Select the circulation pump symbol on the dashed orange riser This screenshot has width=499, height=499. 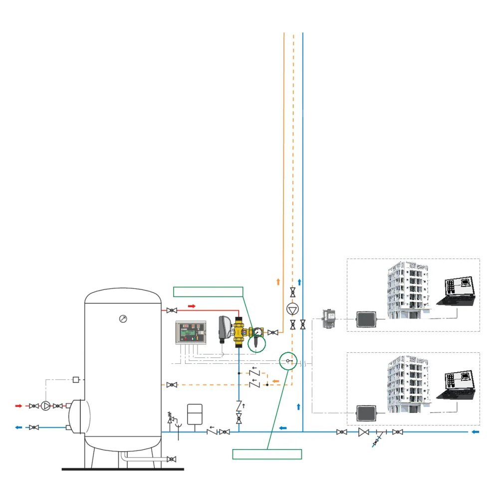coord(292,309)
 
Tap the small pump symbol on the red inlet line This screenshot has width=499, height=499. coord(46,406)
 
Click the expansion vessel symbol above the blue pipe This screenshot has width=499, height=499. coord(193,413)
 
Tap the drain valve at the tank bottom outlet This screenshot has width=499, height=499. coord(172,459)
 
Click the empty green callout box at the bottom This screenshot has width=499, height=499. coord(267,454)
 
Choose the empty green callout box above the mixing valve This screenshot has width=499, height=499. coord(208,292)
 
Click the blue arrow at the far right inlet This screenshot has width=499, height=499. coord(476,431)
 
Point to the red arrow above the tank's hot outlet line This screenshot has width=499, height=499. coord(192,305)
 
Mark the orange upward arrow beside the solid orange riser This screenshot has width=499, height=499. coord(278,282)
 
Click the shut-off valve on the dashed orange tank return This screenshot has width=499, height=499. coord(172,385)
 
